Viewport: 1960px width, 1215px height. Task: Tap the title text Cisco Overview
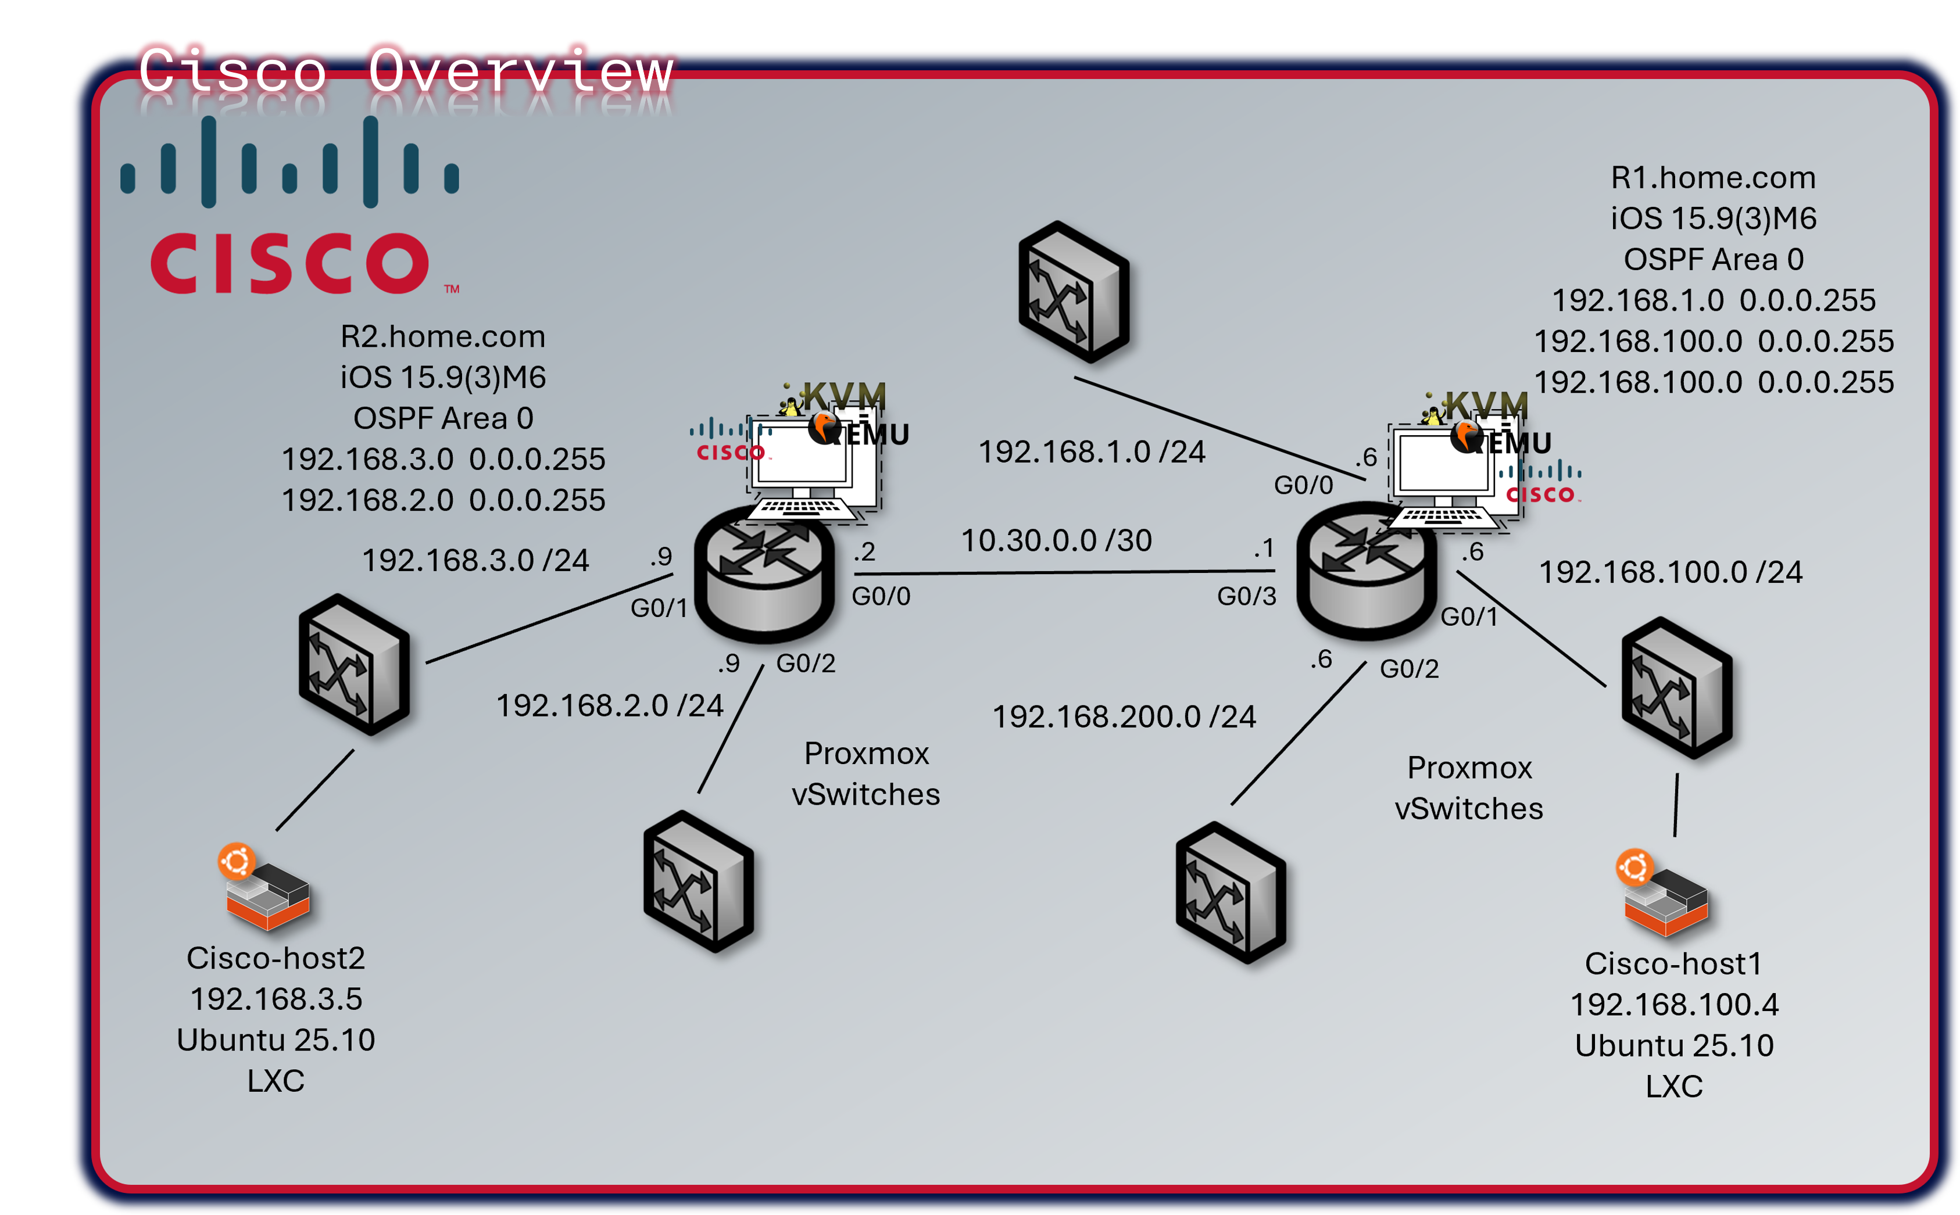405,71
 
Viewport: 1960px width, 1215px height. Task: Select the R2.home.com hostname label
443,336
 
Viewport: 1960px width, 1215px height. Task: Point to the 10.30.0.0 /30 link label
1056,541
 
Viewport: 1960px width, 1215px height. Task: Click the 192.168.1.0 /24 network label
1091,453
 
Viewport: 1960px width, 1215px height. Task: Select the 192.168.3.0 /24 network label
475,561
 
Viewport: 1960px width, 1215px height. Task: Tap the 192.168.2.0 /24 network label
609,705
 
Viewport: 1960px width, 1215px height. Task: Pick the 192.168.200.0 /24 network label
1124,717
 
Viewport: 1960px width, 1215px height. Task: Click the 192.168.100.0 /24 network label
1670,572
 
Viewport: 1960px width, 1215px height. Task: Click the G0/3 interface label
1246,596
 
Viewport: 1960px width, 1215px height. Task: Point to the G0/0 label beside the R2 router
881,596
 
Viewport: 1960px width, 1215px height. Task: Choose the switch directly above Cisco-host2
355,665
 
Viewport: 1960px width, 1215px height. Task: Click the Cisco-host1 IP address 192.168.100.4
1674,1005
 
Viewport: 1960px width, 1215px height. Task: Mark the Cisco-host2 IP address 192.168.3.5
276,999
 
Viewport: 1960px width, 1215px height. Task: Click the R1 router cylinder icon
1366,575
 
